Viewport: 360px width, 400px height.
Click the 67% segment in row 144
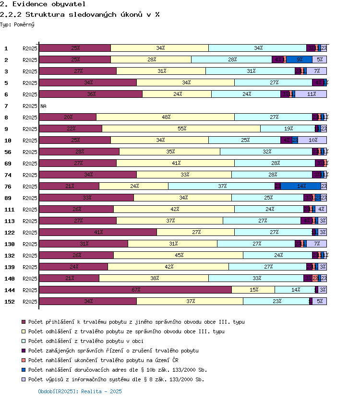(x=135, y=290)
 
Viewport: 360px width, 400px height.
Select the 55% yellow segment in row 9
(x=181, y=129)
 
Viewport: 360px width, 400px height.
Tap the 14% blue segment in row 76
(x=301, y=186)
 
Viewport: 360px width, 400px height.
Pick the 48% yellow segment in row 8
(x=166, y=117)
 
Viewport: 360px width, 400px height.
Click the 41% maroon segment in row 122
(x=98, y=232)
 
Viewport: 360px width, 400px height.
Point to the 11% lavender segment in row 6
(x=311, y=94)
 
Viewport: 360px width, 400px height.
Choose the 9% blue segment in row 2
(x=300, y=59)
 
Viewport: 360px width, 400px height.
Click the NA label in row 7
(x=43, y=106)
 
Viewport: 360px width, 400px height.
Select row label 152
(x=9, y=302)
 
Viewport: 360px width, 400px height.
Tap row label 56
(x=8, y=152)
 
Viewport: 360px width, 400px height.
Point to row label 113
(x=9, y=221)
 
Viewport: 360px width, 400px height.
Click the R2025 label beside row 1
(x=30, y=48)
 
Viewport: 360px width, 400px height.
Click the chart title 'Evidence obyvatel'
(x=36, y=4)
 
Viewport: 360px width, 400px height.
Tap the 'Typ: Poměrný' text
(x=17, y=24)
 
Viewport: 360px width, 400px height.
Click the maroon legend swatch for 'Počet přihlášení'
(x=23, y=322)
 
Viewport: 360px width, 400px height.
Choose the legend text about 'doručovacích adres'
(x=118, y=370)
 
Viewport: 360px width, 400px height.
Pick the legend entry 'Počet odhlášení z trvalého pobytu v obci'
(x=103, y=341)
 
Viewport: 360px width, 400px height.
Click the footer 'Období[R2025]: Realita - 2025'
(x=80, y=391)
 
